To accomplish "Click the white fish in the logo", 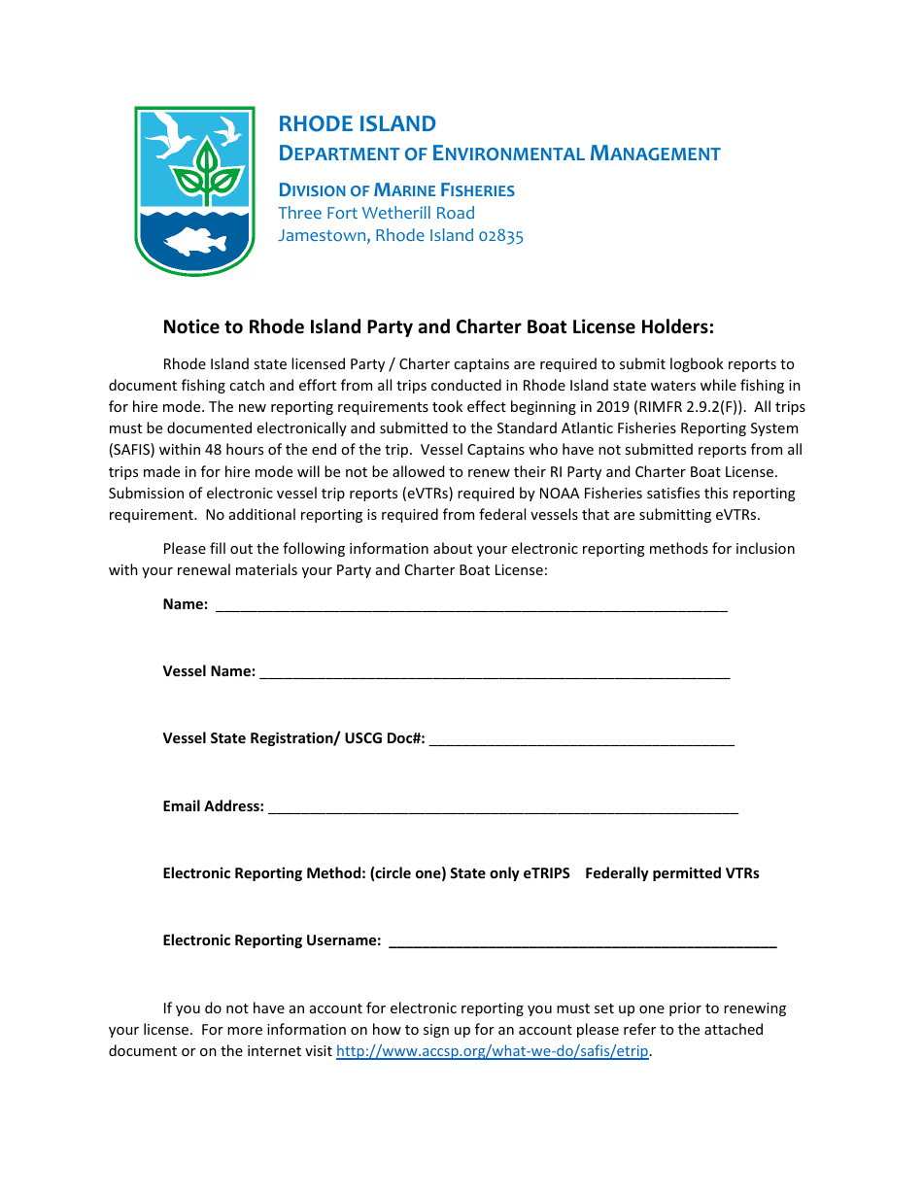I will coord(194,241).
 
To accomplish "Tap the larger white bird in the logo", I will coord(170,134).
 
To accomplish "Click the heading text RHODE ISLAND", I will coord(357,123).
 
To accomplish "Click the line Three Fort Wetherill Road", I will coord(376,213).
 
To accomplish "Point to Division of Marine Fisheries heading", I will coord(396,190).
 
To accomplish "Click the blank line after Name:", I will coord(471,606).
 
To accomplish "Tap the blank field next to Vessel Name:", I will coord(495,673).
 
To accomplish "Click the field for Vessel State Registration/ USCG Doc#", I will coord(581,740).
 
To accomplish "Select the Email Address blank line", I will coord(502,807).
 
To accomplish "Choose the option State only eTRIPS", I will coord(510,873).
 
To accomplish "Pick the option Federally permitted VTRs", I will coord(671,873).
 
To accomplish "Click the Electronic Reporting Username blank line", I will coord(582,941).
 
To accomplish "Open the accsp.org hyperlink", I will coord(492,1051).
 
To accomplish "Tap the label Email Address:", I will coord(213,806).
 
